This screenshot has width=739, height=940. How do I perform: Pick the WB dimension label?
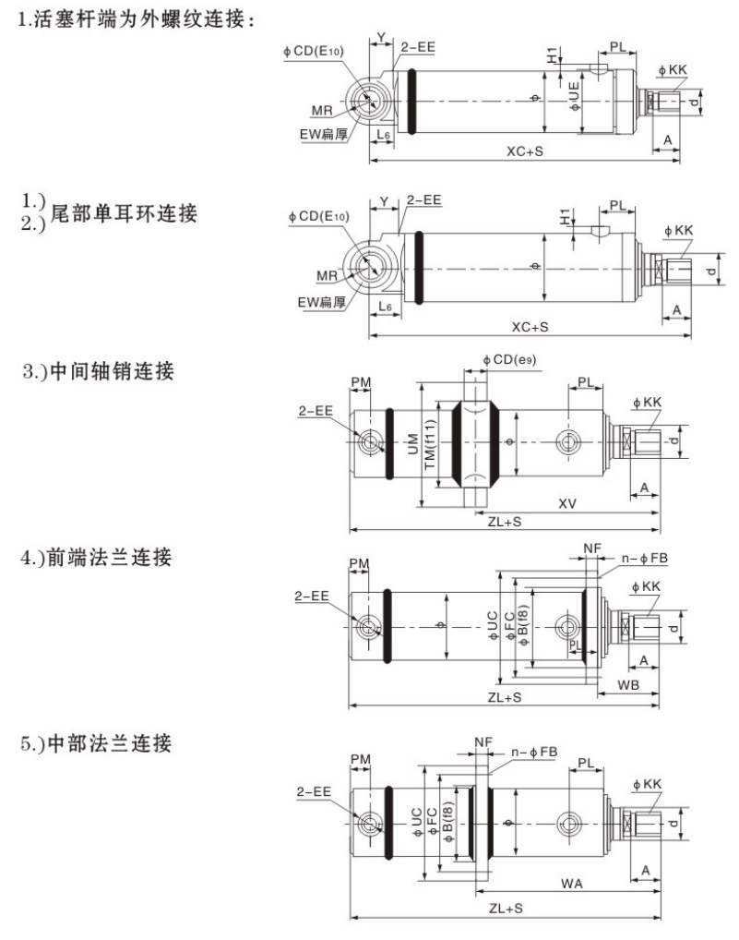[x=628, y=684]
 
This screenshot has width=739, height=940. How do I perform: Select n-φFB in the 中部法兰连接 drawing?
[x=536, y=753]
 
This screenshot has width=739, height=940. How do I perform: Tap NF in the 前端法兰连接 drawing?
[x=592, y=548]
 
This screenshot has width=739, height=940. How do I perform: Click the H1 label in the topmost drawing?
[x=552, y=55]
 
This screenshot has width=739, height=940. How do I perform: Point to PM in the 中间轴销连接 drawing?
[x=361, y=381]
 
